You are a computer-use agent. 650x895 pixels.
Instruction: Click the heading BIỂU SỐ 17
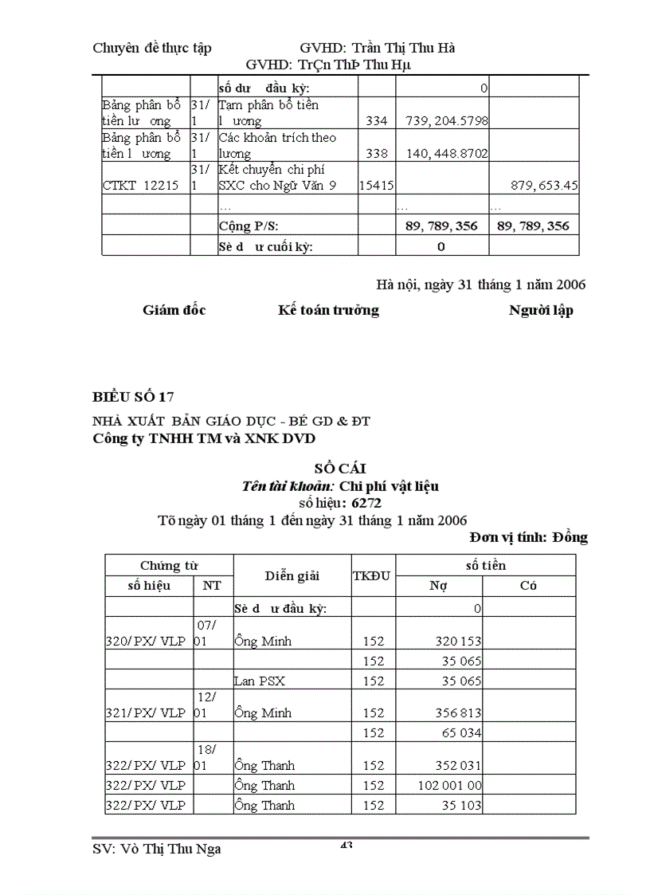(x=133, y=397)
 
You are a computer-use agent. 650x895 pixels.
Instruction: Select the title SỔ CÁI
(x=340, y=469)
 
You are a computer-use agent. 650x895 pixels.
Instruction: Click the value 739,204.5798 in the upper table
(x=446, y=121)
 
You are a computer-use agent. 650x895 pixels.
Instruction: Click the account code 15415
(x=376, y=186)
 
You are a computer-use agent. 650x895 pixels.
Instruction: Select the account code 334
(x=376, y=121)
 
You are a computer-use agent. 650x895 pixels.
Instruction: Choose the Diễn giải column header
(x=292, y=575)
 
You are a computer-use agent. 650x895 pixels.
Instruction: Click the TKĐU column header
(x=372, y=575)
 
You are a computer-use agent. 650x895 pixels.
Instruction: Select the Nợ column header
(x=438, y=586)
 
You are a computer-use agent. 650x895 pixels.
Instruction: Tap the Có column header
(x=528, y=586)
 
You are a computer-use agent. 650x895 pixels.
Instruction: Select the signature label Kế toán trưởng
(x=328, y=310)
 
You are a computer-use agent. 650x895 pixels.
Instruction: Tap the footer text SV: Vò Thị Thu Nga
(x=157, y=849)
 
